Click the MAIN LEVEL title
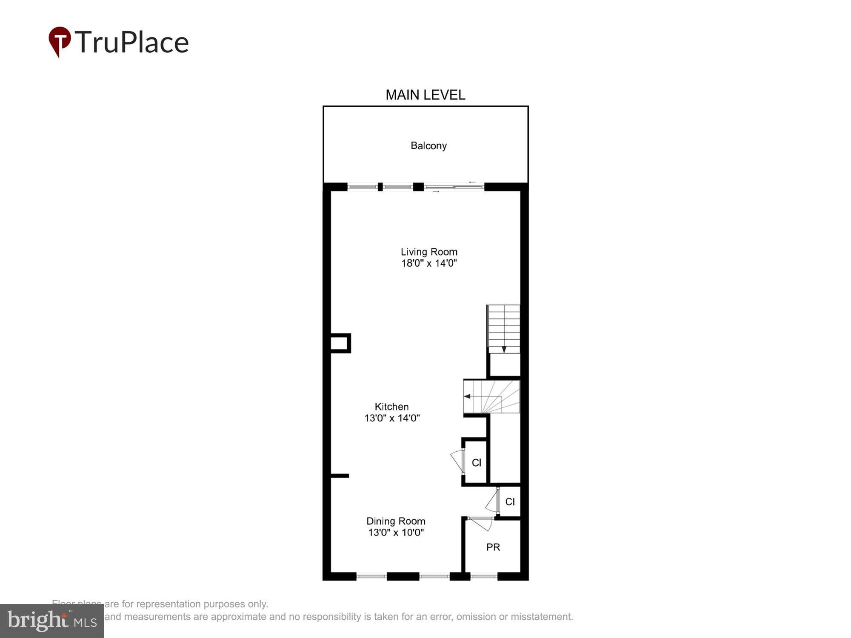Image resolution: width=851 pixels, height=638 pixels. pos(425,95)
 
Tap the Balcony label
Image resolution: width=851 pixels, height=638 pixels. pos(428,146)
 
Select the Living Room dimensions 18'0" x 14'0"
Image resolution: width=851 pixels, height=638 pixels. pos(429,263)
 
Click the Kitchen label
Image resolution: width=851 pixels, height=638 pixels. pos(391,407)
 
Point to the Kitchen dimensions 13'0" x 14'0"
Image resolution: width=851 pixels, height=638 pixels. pos(392,418)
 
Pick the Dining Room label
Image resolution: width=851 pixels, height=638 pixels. pos(396,521)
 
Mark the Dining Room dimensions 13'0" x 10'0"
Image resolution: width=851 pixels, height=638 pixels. pos(396,533)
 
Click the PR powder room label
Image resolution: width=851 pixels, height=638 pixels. pos(493,547)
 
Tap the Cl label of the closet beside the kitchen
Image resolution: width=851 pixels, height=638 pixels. pos(477,463)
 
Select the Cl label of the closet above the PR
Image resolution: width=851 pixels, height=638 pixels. pos(510,502)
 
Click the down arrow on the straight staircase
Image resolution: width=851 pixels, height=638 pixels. pos(504,349)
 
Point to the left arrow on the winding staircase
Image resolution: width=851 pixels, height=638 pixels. pos(467,396)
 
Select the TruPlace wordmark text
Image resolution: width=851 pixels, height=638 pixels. pos(132,43)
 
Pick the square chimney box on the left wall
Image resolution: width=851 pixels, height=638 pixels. pos(340,343)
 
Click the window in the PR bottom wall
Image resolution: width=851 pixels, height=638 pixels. pos(484,576)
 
